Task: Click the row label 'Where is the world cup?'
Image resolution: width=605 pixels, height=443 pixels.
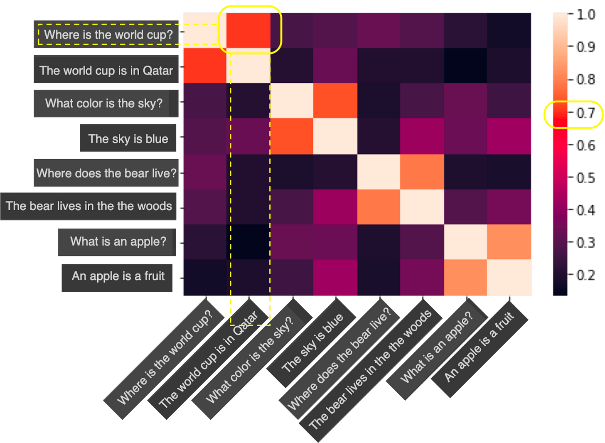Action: pos(108,34)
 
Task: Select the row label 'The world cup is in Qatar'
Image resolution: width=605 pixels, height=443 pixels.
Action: pos(106,70)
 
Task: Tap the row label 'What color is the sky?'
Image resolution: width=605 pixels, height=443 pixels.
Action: pos(104,103)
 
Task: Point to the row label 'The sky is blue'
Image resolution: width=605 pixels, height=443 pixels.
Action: pos(128,138)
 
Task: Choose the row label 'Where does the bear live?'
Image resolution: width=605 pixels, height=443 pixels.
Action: pos(106,173)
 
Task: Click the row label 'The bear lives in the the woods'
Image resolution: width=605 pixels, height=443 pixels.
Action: pos(89,206)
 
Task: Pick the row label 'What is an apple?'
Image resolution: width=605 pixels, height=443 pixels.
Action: pos(118,241)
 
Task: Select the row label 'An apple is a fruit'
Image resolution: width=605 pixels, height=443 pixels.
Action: pos(118,276)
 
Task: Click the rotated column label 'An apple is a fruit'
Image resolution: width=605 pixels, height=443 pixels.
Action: pos(479,347)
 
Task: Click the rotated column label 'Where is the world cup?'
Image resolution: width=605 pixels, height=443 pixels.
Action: pos(165,357)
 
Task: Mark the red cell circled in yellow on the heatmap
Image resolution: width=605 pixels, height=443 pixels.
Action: pos(248,30)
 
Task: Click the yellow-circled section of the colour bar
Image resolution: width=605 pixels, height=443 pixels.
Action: pos(560,114)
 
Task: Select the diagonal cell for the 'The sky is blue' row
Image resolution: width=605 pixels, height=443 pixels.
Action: pos(335,136)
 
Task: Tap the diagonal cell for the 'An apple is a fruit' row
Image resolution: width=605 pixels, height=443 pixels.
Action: pos(509,278)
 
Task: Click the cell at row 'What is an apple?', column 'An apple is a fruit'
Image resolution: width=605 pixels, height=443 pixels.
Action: pos(509,242)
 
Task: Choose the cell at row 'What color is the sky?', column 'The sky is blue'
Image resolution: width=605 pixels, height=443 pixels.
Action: pos(335,101)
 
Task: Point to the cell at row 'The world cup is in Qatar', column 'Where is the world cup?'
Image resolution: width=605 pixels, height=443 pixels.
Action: pos(204,66)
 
